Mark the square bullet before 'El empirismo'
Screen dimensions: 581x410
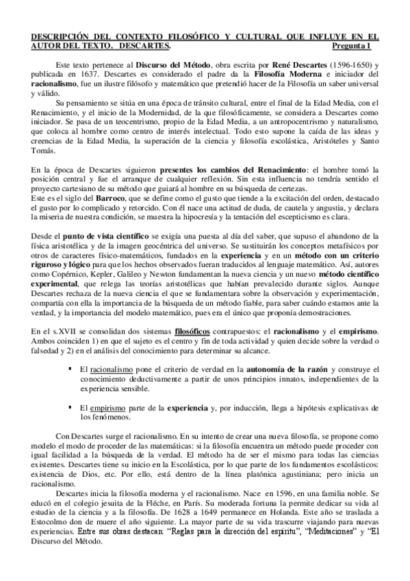point(71,407)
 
